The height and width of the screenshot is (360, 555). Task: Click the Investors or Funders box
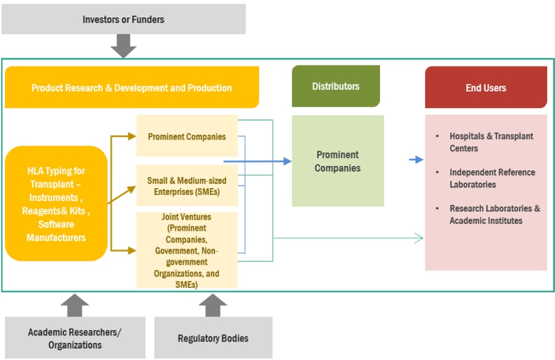tap(123, 19)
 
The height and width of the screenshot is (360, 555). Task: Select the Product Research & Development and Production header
tap(131, 88)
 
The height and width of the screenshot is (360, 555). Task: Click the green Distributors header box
tap(335, 86)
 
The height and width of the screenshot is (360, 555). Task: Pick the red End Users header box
tap(486, 88)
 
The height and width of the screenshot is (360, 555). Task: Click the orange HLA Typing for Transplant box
tap(56, 203)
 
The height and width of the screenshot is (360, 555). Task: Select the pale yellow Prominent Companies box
tap(187, 136)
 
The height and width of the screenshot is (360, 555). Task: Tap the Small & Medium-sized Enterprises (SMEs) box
tap(187, 186)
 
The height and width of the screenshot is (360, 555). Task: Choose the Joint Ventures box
tap(187, 250)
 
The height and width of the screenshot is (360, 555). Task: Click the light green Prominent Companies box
tap(337, 161)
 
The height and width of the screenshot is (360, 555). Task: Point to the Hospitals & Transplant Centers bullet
tap(491, 142)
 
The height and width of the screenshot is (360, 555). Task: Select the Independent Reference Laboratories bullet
tap(491, 178)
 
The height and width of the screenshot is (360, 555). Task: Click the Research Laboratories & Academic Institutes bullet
tap(494, 215)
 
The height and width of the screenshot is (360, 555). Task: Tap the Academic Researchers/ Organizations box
tap(75, 338)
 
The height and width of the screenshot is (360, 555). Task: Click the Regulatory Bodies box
tap(213, 338)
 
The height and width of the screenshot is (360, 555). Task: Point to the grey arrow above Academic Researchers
tap(75, 305)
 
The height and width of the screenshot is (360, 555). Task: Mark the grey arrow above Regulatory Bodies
tap(213, 305)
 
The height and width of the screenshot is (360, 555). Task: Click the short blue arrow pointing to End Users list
tap(416, 160)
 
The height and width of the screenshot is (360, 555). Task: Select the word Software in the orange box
tap(56, 224)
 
